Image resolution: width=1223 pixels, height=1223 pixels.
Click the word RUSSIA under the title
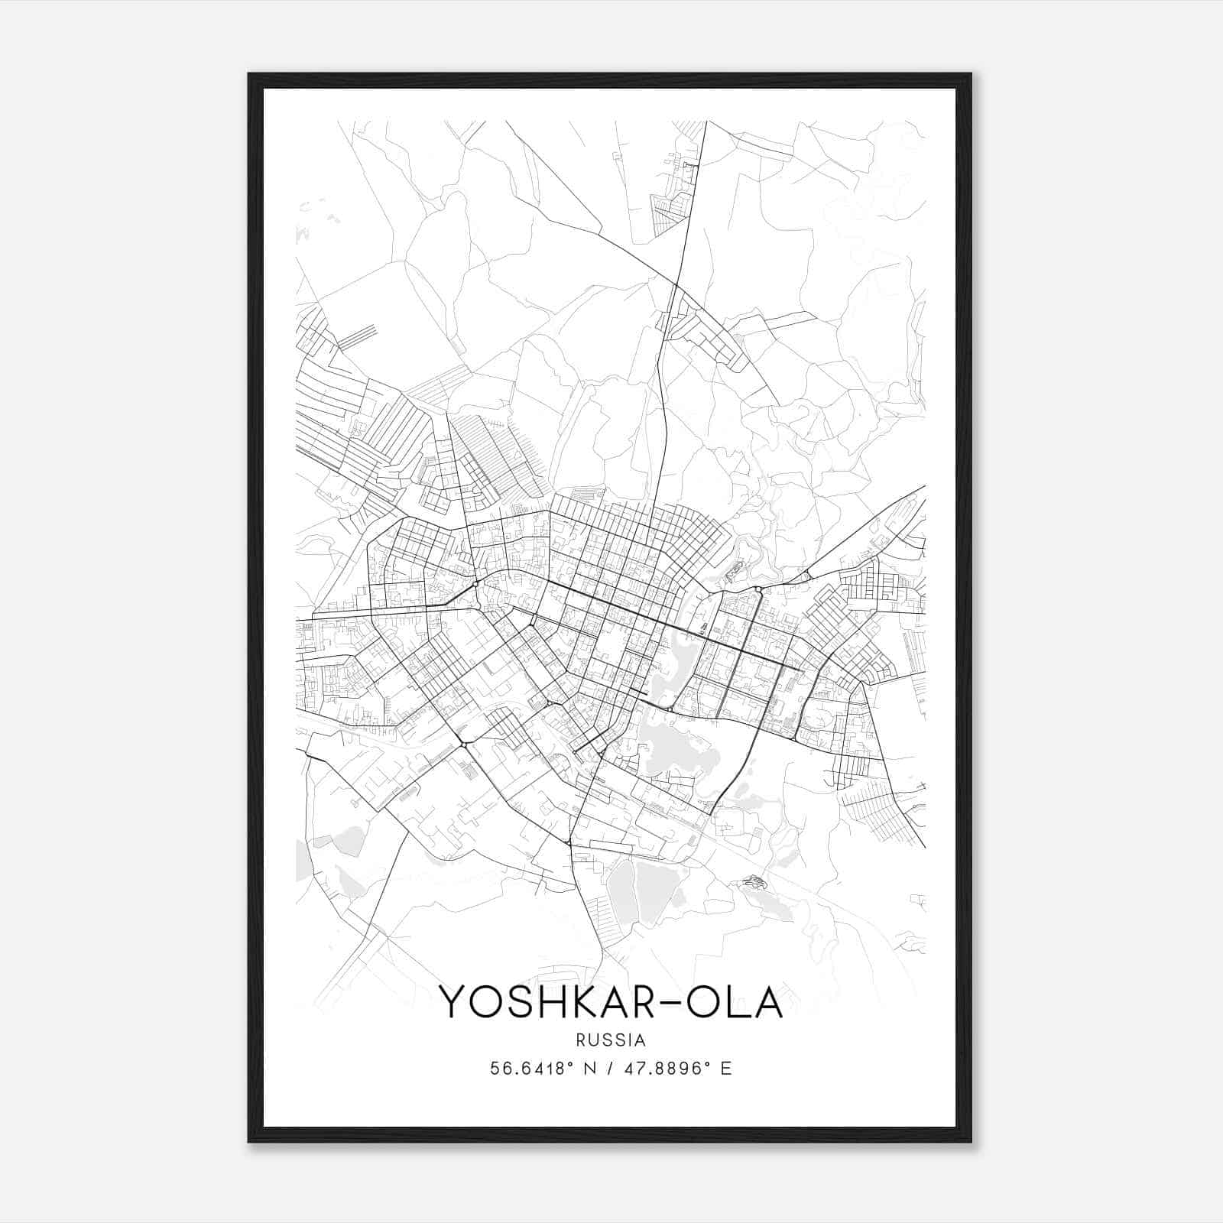(611, 1040)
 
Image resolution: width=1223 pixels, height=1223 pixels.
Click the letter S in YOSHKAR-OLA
(511, 1003)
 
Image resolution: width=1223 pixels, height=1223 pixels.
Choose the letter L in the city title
(734, 1003)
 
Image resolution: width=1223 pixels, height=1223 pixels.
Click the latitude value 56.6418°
(531, 1069)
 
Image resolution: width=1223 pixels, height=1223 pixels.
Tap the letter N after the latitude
(589, 1069)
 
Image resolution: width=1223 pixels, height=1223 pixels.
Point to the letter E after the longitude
(727, 1069)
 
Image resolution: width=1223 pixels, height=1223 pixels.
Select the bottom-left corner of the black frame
(249, 1141)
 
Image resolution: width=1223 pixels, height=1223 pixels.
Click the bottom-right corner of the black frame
(971, 1141)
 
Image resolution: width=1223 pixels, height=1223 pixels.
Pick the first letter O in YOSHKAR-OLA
(481, 1003)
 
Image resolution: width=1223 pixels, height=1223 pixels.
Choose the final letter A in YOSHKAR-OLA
(767, 1003)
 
